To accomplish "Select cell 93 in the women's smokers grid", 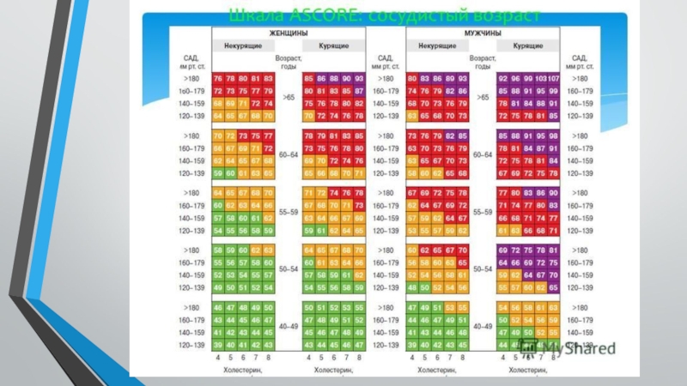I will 359,78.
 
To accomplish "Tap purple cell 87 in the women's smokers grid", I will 359,90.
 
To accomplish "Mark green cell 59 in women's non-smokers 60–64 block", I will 218,172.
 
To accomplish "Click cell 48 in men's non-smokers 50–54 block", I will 414,287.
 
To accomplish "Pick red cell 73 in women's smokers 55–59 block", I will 359,206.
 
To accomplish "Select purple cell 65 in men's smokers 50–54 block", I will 554,287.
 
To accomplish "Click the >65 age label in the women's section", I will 289,97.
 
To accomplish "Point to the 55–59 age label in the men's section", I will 482,211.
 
